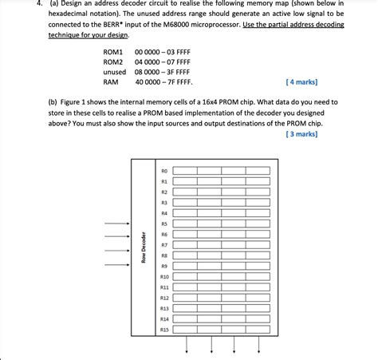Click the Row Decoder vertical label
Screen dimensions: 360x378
click(144, 248)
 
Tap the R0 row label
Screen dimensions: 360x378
click(164, 171)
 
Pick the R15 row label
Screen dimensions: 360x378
click(164, 329)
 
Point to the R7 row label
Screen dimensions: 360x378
click(164, 245)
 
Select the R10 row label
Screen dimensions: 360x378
click(164, 276)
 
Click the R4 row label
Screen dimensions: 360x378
click(164, 213)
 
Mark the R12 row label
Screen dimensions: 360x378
click(164, 297)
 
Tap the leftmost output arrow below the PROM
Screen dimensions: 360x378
click(187, 344)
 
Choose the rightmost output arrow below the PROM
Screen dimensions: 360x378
click(258, 344)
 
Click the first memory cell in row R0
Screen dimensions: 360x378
click(186, 171)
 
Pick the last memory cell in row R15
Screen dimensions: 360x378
click(258, 329)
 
